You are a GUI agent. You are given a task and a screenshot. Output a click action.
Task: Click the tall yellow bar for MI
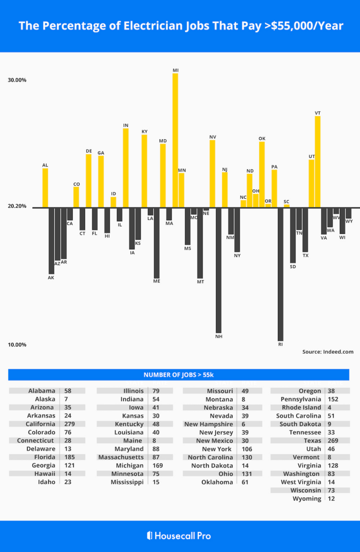[x=175, y=141]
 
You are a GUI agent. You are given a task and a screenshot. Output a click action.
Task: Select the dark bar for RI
[x=280, y=274]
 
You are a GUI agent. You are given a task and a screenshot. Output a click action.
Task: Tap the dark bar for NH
[x=218, y=270]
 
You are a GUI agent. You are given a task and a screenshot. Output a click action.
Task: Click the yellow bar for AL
[x=45, y=188]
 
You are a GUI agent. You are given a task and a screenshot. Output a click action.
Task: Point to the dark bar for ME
[x=157, y=243]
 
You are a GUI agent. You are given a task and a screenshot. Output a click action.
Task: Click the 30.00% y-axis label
[x=17, y=80]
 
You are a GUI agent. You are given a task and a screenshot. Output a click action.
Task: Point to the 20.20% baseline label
[x=17, y=207]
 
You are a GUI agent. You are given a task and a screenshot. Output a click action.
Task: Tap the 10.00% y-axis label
[x=17, y=345]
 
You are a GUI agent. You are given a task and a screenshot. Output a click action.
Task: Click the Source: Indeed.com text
[x=328, y=352]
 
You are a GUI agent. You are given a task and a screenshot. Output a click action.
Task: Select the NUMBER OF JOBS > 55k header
[x=179, y=375]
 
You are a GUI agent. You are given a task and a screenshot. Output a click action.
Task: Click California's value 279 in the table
[x=70, y=424]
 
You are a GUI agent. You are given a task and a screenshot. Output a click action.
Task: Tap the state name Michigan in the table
[x=130, y=466]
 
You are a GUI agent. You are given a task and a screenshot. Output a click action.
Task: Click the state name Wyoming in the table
[x=307, y=499]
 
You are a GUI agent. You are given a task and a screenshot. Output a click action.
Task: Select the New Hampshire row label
[x=209, y=424]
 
